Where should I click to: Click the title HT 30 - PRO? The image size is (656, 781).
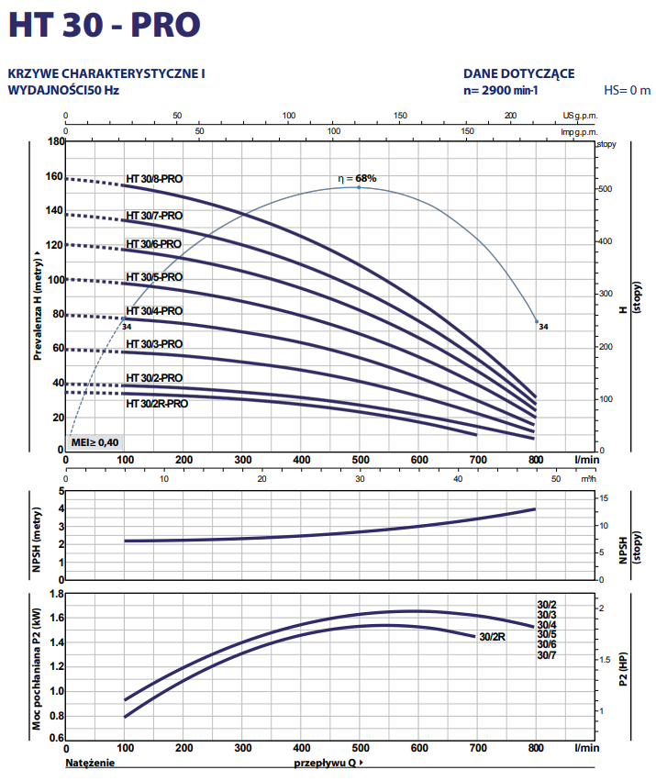tap(103, 25)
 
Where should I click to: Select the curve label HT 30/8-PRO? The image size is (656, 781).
tap(154, 179)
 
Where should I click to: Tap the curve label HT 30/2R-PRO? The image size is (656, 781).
tap(156, 403)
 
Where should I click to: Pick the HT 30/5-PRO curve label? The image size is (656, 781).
tap(154, 277)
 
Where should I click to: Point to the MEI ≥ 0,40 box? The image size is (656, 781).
tap(95, 442)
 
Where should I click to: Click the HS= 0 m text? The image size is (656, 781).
tap(627, 90)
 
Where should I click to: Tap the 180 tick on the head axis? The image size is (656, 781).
tap(56, 142)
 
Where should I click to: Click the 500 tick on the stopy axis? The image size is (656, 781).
tap(605, 189)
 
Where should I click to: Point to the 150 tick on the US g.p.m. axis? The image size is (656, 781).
tap(400, 117)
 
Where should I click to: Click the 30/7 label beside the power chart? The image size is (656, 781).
tap(547, 655)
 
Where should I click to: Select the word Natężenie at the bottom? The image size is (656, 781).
tap(91, 763)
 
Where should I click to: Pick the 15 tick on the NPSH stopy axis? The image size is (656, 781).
tap(603, 497)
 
